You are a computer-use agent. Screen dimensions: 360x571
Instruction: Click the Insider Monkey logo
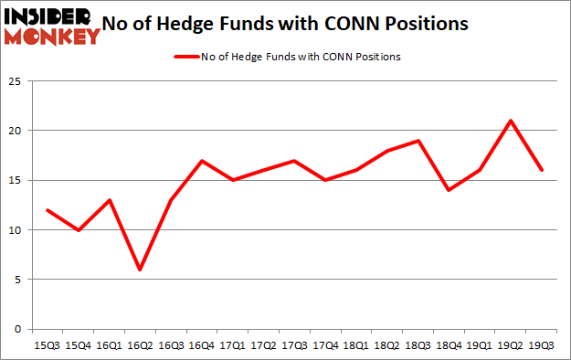52,25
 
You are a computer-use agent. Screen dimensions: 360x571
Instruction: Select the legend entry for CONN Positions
286,57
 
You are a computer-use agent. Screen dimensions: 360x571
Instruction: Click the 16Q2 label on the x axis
140,345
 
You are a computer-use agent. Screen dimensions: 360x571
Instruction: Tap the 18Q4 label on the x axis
448,345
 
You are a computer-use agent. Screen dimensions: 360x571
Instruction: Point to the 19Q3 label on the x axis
541,345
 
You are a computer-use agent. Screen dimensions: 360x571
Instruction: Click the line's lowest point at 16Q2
140,270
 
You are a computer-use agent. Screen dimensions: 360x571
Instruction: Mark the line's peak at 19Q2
509,121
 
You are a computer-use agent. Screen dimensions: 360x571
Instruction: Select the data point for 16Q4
201,161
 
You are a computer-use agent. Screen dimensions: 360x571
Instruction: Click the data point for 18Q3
417,141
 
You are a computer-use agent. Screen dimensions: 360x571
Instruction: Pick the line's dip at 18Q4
448,190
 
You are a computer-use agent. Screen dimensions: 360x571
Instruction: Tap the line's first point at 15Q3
48,210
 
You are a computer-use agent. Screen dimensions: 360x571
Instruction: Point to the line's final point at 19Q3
540,170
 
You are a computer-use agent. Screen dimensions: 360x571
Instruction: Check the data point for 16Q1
109,200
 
